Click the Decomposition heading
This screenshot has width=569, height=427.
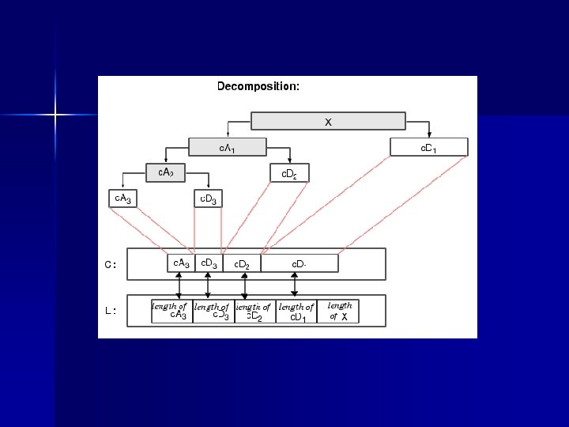coord(258,86)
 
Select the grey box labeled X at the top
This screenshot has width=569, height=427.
coord(328,121)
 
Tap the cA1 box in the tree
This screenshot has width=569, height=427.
coord(227,147)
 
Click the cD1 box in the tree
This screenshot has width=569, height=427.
coord(429,147)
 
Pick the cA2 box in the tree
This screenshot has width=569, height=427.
coord(166,172)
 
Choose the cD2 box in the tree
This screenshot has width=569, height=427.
coord(289,172)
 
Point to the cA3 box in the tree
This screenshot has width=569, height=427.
coord(122,198)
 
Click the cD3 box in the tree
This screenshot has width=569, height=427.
coord(208,198)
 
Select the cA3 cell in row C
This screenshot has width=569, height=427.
coord(181,263)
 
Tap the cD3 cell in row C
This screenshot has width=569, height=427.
coord(209,263)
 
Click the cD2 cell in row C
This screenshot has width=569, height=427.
coord(242,263)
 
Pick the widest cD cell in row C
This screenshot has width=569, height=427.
coord(299,263)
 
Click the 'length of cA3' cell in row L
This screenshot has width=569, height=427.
coord(171,311)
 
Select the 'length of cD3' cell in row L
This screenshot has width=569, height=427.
coord(213,311)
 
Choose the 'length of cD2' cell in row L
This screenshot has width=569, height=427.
coord(254,311)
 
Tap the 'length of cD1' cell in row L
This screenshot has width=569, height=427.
coord(296,311)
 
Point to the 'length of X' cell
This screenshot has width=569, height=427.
coord(339,311)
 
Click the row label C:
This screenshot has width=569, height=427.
coord(111,265)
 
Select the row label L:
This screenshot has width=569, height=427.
coord(111,311)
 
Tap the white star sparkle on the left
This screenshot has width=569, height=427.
coord(56,115)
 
